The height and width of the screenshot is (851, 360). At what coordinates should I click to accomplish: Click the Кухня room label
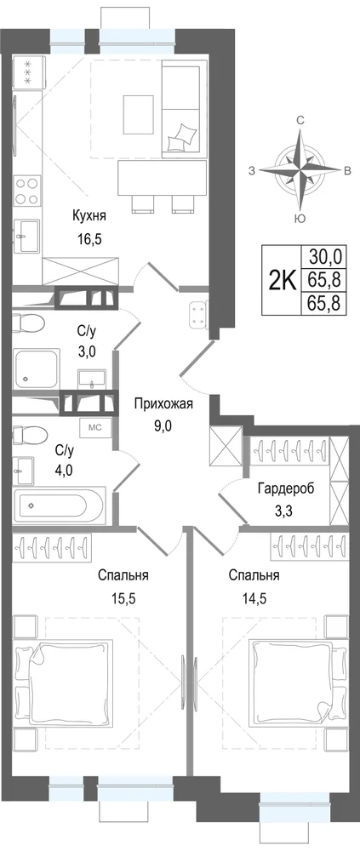[x=89, y=216]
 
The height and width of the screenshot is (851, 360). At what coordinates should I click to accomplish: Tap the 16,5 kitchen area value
[x=90, y=237]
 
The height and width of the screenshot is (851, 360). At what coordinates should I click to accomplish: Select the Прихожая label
[x=163, y=404]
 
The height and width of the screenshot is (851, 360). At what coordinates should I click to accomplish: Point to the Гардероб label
[x=286, y=488]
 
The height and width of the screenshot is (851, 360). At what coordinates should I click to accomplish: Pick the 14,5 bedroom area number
[x=254, y=599]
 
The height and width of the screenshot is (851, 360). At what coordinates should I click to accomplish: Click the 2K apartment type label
[x=282, y=281]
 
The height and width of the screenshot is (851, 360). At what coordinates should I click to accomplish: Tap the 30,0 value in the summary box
[x=323, y=255]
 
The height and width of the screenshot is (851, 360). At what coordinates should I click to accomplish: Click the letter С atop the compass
[x=300, y=121]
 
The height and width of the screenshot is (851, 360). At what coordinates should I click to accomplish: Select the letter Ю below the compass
[x=299, y=219]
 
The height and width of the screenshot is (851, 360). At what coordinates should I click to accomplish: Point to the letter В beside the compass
[x=346, y=171]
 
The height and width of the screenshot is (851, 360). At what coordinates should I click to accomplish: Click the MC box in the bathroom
[x=95, y=426]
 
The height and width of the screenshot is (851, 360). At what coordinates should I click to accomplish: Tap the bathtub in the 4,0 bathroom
[x=60, y=504]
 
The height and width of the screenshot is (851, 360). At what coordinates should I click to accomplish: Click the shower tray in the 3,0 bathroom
[x=37, y=369]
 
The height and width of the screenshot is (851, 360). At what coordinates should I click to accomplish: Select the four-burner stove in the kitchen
[x=27, y=191]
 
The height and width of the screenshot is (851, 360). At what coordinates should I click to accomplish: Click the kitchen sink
[x=27, y=237]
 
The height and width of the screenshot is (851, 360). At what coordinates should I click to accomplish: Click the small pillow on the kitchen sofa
[x=181, y=136]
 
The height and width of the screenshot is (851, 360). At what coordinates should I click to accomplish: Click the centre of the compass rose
[x=300, y=170]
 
